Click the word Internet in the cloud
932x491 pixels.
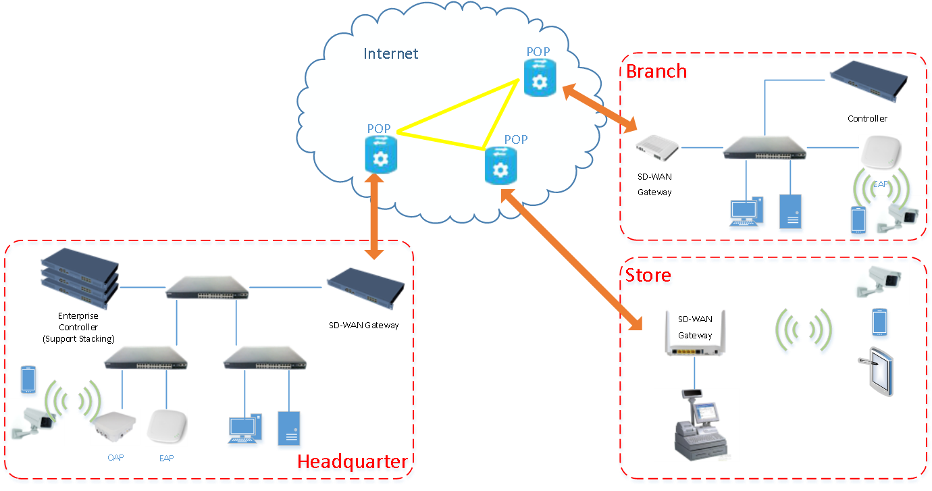(390, 54)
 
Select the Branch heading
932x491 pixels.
(656, 72)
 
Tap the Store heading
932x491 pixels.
(648, 276)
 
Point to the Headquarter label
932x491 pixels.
(353, 463)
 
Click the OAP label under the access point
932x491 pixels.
(115, 458)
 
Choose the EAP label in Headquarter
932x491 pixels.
(166, 459)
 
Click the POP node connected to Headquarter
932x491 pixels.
(381, 153)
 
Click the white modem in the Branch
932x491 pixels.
(657, 147)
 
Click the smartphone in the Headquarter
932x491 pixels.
(28, 380)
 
